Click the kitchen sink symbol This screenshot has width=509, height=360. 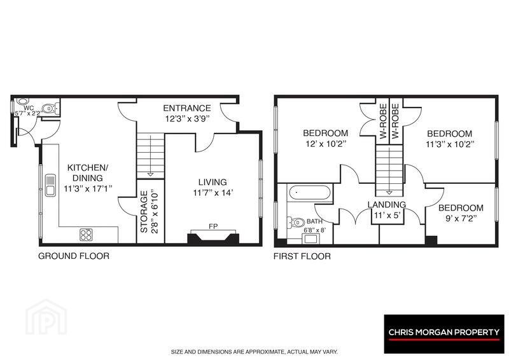pyautogui.click(x=50, y=185)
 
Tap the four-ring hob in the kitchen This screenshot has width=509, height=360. pyautogui.click(x=86, y=235)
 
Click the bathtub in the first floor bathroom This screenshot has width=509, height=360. pyautogui.click(x=310, y=193)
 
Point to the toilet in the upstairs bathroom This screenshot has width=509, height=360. pyautogui.click(x=296, y=223)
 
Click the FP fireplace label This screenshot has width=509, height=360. pyautogui.click(x=213, y=226)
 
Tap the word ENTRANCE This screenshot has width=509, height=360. pyautogui.click(x=186, y=108)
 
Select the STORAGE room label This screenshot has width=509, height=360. pyautogui.click(x=144, y=212)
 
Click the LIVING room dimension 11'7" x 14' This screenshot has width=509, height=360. pyautogui.click(x=213, y=193)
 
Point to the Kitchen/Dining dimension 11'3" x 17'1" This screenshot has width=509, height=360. pyautogui.click(x=88, y=189)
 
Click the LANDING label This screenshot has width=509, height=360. pyautogui.click(x=387, y=205)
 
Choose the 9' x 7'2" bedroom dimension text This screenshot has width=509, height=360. pyautogui.click(x=461, y=218)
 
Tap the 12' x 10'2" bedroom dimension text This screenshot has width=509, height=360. pyautogui.click(x=326, y=144)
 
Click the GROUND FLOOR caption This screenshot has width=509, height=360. pyautogui.click(x=74, y=256)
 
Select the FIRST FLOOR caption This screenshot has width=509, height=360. pyautogui.click(x=302, y=256)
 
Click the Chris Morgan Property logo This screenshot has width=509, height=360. pyautogui.click(x=443, y=333)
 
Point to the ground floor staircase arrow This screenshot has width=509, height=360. pyautogui.click(x=150, y=156)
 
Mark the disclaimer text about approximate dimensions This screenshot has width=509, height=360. pyautogui.click(x=254, y=352)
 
